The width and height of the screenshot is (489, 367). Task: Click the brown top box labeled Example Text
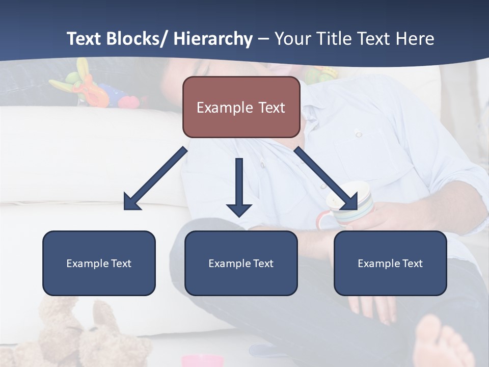pos(241,107)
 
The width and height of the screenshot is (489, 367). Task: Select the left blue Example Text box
pos(99,263)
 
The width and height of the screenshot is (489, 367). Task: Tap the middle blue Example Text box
pos(241,263)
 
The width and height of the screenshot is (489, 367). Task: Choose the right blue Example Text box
pos(390,263)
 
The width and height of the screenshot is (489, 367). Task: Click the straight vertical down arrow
pos(239,187)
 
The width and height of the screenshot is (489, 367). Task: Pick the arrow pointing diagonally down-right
pos(326,178)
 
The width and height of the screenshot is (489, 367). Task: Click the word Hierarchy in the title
pos(213,39)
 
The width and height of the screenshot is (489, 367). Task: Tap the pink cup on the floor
pos(203,361)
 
